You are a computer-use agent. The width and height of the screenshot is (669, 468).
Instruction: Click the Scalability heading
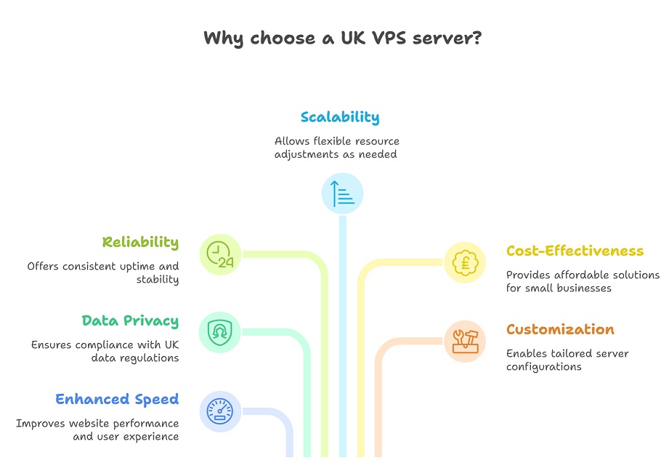pos(339,117)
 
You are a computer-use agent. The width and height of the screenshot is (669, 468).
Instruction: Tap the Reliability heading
pos(140,242)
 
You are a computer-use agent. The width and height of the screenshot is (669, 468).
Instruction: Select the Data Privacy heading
pos(130,320)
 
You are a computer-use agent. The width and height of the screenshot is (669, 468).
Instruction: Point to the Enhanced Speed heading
pos(117,399)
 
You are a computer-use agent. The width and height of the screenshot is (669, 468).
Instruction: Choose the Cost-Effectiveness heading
pos(575,251)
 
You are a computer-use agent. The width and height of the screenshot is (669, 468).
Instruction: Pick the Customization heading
pos(560,329)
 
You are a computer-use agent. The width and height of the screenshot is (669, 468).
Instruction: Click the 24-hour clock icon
pos(220,255)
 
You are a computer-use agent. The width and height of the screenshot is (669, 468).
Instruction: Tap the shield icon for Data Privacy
pos(219,333)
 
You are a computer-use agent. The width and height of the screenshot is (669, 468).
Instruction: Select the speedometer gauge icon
pos(219,412)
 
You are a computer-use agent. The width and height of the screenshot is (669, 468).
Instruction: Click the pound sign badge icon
pos(465,262)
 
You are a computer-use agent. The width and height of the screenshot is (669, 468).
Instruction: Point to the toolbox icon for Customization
pos(465,341)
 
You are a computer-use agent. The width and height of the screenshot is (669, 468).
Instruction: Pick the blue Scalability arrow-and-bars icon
pos(343,193)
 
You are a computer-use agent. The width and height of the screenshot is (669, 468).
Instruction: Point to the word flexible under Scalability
pos(331,141)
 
